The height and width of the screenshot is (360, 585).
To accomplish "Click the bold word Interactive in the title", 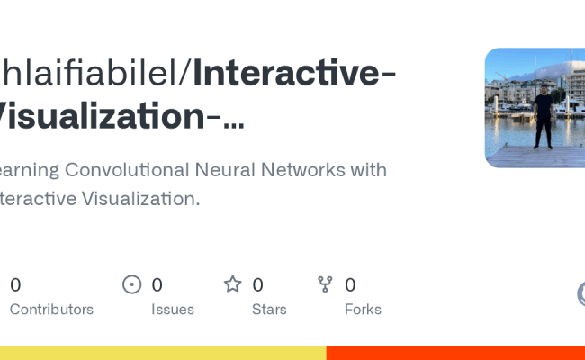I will (x=287, y=73).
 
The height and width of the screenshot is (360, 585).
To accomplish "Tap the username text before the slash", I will (x=90, y=73).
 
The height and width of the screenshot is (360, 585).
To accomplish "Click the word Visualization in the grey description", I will (x=137, y=199).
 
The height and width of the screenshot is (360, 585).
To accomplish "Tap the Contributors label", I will (x=51, y=310).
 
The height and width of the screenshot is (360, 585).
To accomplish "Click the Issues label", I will (x=173, y=310).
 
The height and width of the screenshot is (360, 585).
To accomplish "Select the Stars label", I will (x=269, y=310).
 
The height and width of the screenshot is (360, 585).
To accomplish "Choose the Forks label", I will (x=363, y=310).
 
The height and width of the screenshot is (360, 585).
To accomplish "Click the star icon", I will (x=233, y=284).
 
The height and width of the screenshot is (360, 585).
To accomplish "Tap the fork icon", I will (x=326, y=284).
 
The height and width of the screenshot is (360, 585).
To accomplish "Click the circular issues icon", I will (x=132, y=284).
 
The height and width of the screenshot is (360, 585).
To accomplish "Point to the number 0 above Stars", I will (x=257, y=285).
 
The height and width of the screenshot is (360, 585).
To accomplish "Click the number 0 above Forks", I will (x=350, y=285).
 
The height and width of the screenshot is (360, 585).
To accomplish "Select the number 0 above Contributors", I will (x=15, y=285).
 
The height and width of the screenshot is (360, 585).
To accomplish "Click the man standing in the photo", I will (x=543, y=118).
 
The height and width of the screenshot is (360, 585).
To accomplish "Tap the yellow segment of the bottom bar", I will (x=162, y=353).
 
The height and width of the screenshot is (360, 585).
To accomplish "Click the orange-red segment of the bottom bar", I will (x=455, y=353).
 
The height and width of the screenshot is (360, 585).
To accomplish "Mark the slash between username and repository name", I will (x=186, y=73).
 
